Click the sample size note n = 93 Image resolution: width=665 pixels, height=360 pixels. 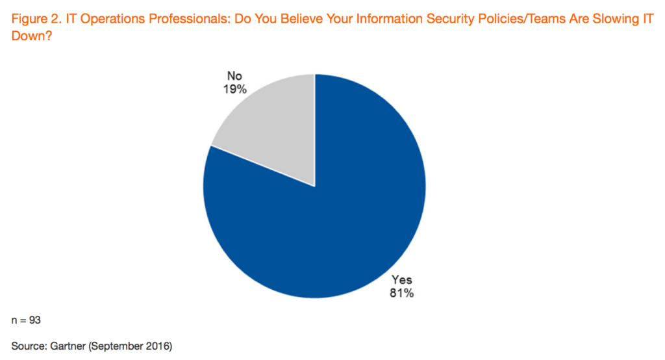tap(27, 320)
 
